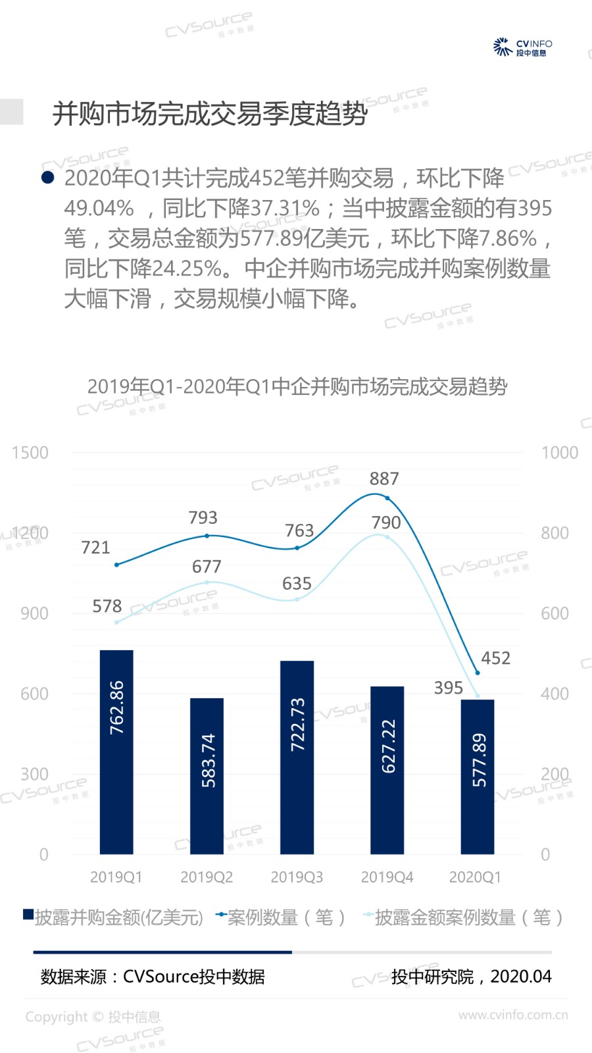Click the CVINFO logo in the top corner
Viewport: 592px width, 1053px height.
tap(522, 47)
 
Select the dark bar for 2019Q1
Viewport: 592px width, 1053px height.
tap(116, 752)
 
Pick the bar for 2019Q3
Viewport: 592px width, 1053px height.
tap(297, 757)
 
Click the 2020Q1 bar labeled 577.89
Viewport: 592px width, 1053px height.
tap(477, 777)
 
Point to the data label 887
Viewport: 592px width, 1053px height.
tap(384, 478)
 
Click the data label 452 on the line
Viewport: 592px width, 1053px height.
tap(495, 658)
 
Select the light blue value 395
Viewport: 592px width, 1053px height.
tap(449, 688)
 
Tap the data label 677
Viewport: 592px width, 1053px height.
tap(207, 567)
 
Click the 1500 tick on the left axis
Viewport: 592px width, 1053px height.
tap(30, 453)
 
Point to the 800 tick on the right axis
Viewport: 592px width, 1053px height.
tap(555, 533)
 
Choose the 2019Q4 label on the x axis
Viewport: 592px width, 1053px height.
tap(387, 877)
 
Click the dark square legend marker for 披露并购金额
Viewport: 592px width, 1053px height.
tap(28, 914)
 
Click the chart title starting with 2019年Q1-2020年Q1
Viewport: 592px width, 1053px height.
tap(297, 386)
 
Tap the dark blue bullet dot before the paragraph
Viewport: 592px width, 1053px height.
tap(47, 177)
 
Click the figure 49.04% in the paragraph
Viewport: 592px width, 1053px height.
tap(99, 209)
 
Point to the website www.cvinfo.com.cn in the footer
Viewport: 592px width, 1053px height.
tap(513, 1015)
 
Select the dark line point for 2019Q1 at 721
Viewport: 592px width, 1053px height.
tap(116, 565)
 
